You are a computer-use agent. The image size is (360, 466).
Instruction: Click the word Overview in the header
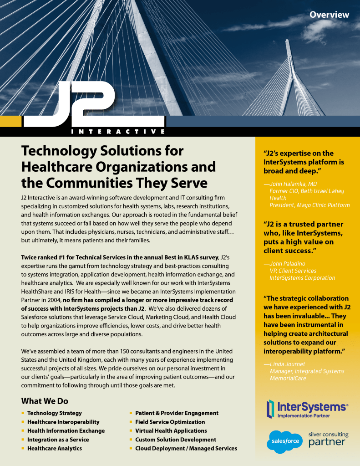[x=329, y=15]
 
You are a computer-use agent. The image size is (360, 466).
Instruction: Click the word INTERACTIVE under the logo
[x=118, y=132]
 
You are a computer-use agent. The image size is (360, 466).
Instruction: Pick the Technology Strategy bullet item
[x=54, y=413]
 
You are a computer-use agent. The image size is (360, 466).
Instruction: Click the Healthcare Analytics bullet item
[x=54, y=449]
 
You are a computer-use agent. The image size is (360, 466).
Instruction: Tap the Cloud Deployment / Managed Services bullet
[x=186, y=449]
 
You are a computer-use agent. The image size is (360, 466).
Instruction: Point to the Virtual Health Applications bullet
[x=171, y=431]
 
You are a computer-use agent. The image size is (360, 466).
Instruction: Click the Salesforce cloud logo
[x=285, y=441]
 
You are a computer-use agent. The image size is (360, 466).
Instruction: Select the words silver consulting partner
[x=328, y=439]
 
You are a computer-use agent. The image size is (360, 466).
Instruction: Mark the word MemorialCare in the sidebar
[x=288, y=378]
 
